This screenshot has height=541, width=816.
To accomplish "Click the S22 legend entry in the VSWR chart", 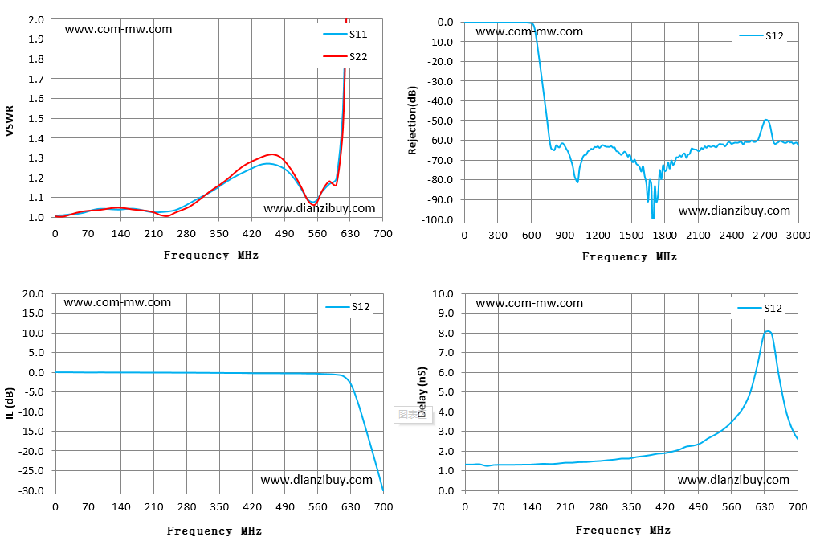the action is pos(345,57).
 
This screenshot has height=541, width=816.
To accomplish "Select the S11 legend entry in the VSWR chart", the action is pos(345,35).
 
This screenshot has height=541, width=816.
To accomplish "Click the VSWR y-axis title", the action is pos(9,121).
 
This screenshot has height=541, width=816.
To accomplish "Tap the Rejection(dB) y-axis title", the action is pos(413,121).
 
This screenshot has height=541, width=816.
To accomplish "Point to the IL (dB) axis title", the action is pos(10,403).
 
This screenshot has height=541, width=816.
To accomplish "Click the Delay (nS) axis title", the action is pos(422,392).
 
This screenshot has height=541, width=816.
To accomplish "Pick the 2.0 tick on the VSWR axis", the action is pos(36,20).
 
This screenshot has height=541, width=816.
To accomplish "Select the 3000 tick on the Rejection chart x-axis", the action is pos(798,236).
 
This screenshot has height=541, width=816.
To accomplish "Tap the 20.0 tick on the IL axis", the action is pos(33,293).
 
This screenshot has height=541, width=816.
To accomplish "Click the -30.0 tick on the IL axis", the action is pos(32,490).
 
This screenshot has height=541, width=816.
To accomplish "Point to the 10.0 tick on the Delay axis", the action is pos(443,293).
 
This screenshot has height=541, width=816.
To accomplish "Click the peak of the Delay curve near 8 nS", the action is pos(768,331).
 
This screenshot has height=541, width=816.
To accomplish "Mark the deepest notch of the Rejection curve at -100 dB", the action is pos(653,218).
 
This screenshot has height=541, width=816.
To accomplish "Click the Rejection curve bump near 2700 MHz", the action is pos(766,121).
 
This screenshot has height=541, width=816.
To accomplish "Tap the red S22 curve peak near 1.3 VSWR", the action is pos(271,154).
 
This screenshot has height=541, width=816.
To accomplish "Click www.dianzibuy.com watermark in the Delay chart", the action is pos(733,480).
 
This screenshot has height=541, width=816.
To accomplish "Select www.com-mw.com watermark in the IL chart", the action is pos(117,302).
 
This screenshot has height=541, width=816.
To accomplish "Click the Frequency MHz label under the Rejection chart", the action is pos(629,256).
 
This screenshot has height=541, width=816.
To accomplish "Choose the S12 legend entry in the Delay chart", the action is pos(760,308).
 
